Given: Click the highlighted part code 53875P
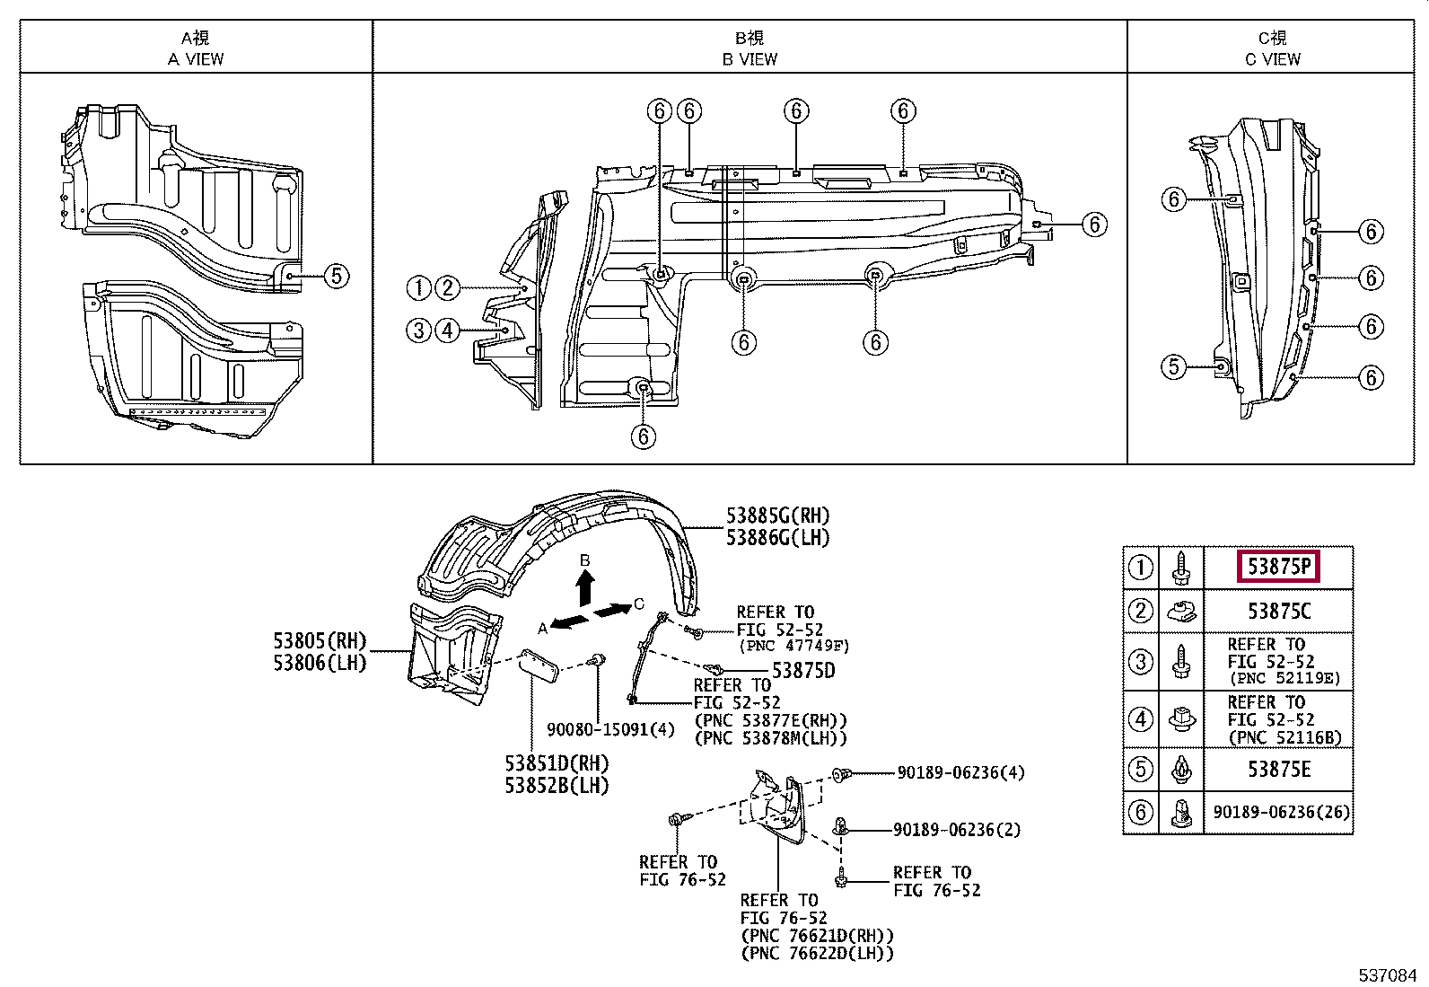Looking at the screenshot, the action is pyautogui.click(x=1278, y=567).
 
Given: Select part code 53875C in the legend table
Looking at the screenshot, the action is pyautogui.click(x=1279, y=611).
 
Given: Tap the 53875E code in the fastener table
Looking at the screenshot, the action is pyautogui.click(x=1279, y=770).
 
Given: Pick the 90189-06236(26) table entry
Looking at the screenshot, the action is pyautogui.click(x=1282, y=812).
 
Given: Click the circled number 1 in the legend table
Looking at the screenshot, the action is pyautogui.click(x=1141, y=567).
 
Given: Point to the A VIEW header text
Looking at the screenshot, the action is pyautogui.click(x=195, y=59).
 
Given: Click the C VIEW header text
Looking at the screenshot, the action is pyautogui.click(x=1272, y=59).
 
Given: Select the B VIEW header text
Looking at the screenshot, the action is pyautogui.click(x=750, y=59).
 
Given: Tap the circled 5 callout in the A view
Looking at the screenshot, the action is pyautogui.click(x=337, y=276).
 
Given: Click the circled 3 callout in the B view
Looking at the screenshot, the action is pyautogui.click(x=418, y=330).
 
